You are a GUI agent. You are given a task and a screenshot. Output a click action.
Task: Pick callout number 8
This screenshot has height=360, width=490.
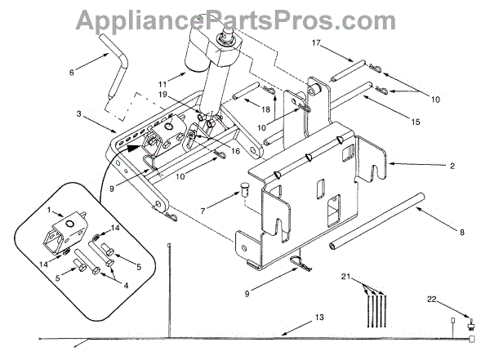pos(462,233)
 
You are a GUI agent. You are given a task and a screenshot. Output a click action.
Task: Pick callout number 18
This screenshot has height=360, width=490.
pos(265,108)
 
